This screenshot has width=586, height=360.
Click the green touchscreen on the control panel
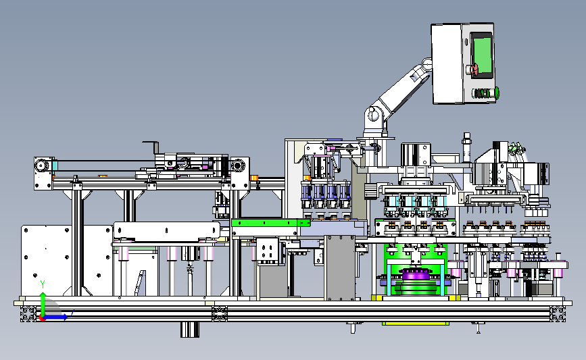(482, 54)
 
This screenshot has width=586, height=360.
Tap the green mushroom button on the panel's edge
(497, 93)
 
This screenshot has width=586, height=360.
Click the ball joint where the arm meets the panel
(427, 64)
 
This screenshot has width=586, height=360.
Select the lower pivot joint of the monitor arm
(372, 115)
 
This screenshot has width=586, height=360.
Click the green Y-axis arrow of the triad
(43, 304)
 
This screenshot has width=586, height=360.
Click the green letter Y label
(43, 285)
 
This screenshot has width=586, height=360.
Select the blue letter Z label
(72, 312)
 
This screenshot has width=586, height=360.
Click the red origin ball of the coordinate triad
(42, 318)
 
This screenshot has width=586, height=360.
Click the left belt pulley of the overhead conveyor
(41, 165)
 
